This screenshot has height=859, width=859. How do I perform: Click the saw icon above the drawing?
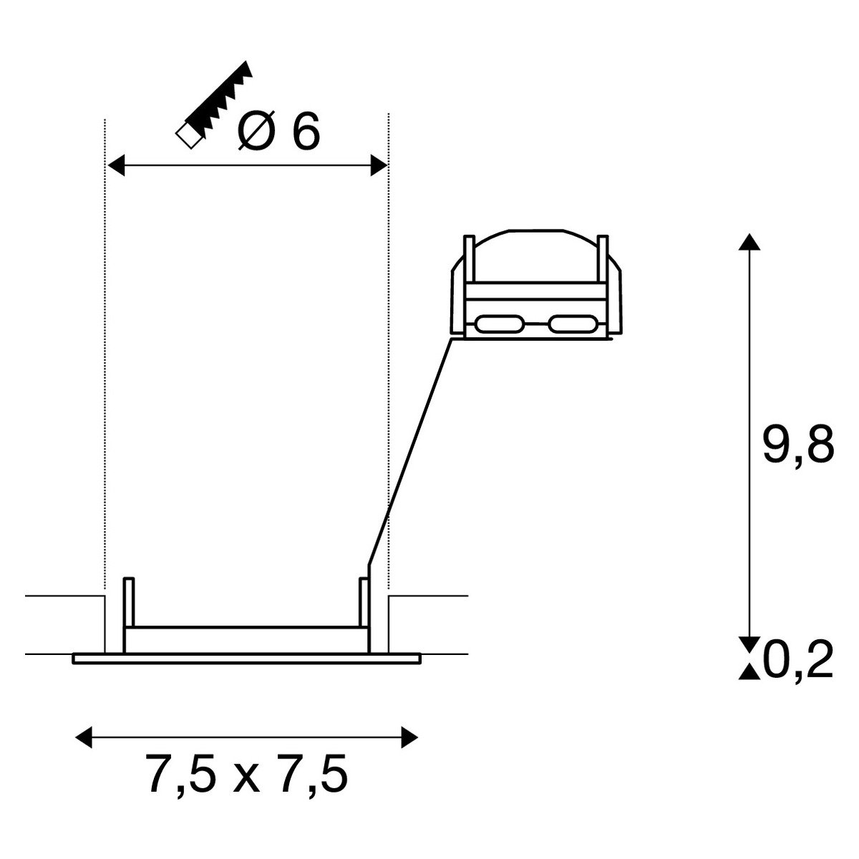click(214, 105)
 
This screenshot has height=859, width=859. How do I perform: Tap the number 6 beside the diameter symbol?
click(305, 130)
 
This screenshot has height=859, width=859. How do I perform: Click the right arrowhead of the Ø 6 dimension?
click(379, 165)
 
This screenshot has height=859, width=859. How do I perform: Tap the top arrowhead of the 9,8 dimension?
click(749, 242)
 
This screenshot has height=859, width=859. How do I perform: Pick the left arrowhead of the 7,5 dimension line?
click(84, 738)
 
